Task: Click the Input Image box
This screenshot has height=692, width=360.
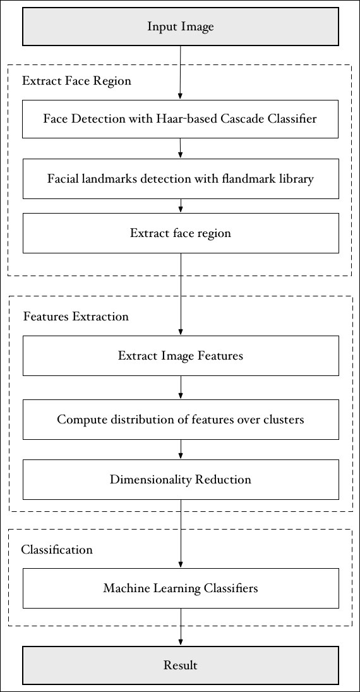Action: pyautogui.click(x=181, y=27)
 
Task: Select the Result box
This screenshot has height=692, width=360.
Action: pyautogui.click(x=181, y=665)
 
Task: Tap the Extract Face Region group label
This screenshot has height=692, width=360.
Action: pyautogui.click(x=76, y=81)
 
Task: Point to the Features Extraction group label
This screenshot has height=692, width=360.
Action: pyautogui.click(x=76, y=317)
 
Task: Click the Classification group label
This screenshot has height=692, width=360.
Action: pyautogui.click(x=57, y=550)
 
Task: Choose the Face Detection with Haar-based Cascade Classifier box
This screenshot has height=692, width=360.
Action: pyautogui.click(x=181, y=119)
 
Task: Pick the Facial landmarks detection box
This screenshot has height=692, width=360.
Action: pyautogui.click(x=181, y=179)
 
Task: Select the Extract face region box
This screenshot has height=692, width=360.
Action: pyautogui.click(x=181, y=233)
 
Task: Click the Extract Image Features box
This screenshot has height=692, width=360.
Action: pyautogui.click(x=181, y=356)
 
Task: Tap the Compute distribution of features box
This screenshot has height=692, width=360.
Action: pyautogui.click(x=181, y=419)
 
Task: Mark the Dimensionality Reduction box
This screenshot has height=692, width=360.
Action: pyautogui.click(x=181, y=479)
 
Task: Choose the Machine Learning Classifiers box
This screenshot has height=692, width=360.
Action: pyautogui.click(x=181, y=588)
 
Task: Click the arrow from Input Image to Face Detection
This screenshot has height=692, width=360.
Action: pyautogui.click(x=181, y=73)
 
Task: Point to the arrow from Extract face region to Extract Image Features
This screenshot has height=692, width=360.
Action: pyautogui.click(x=181, y=294)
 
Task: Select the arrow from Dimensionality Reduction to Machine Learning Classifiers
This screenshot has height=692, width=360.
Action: pyautogui.click(x=181, y=534)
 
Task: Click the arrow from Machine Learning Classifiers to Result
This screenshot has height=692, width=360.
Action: pyautogui.click(x=181, y=627)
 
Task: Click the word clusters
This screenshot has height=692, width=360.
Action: pyautogui.click(x=287, y=419)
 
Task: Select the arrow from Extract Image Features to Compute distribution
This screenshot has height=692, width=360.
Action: pyautogui.click(x=181, y=387)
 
